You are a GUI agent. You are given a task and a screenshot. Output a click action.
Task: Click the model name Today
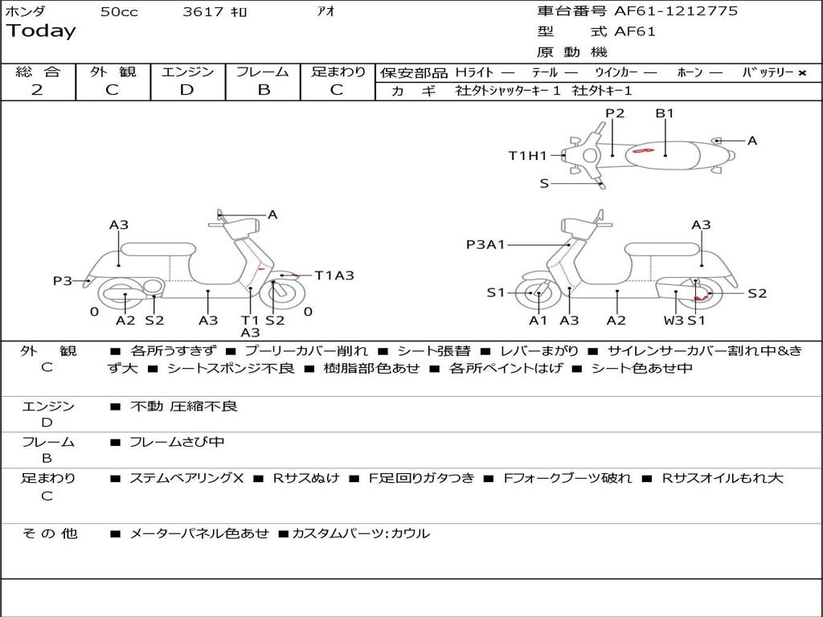coord(41,31)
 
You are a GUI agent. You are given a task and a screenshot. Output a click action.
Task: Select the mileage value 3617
coord(203,12)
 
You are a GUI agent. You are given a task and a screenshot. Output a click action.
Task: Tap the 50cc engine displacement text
coord(119,12)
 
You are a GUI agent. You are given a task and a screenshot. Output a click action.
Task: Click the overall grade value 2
coord(37,90)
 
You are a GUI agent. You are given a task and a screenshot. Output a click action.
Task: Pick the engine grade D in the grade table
coord(187,90)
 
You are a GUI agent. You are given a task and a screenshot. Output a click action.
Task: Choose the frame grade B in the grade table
coord(263,90)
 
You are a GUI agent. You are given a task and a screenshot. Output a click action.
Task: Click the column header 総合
coord(37,72)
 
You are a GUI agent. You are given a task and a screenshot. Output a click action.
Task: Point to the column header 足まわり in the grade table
coord(338,72)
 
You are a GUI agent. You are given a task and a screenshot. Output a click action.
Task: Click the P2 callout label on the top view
coord(615,113)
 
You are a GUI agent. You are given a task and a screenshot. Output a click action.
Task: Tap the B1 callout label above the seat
coord(665,113)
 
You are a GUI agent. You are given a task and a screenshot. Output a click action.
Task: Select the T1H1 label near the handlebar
coord(527,156)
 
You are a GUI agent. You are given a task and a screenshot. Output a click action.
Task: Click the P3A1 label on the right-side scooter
coord(485,244)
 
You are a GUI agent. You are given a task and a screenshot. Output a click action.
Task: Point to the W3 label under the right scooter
coord(674,321)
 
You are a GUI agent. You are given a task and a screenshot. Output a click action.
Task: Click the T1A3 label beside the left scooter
coord(334,276)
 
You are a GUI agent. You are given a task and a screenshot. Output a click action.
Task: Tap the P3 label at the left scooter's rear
coord(63,281)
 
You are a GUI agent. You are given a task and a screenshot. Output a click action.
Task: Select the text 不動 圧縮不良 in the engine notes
coord(184,407)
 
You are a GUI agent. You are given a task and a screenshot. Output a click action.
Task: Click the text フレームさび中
coord(177,442)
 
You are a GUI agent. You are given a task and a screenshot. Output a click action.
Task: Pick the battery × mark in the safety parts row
coord(801,73)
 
